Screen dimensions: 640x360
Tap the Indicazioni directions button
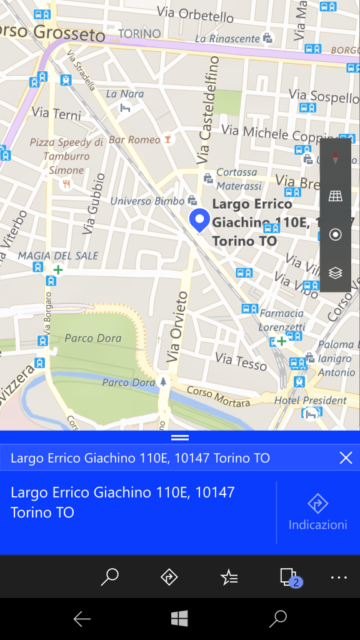318,512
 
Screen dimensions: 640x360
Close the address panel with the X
346,458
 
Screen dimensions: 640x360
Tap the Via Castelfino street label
209,110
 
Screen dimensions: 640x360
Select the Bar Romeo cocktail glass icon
167,139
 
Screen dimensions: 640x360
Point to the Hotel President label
310,400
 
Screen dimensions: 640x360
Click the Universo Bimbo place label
147,201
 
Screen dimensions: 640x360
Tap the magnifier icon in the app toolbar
109,577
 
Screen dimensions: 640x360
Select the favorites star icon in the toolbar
229,577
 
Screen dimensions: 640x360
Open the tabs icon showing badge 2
288,576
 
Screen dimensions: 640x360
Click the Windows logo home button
180,619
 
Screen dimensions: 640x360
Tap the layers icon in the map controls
336,273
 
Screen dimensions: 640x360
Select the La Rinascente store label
227,39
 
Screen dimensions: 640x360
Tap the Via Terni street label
56,114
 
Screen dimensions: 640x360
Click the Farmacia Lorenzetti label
281,319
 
